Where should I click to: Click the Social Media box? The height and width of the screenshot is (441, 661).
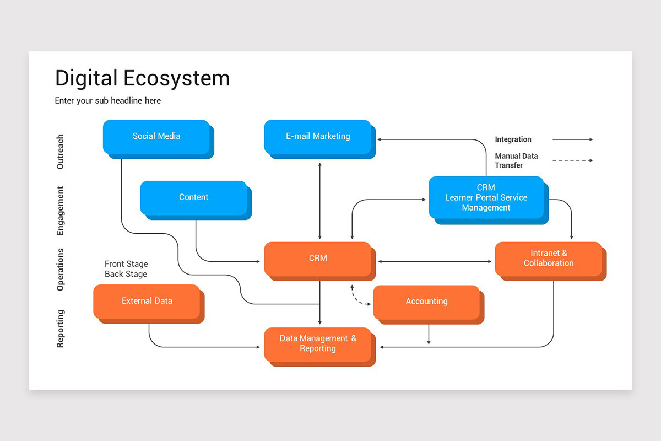156,137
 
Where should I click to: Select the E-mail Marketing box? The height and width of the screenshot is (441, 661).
318,137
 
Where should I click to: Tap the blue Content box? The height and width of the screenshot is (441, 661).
194,197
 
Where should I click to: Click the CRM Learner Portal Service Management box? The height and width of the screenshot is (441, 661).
486,198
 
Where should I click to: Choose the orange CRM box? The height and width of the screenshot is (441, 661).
318,258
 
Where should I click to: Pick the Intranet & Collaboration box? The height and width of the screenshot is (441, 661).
549,259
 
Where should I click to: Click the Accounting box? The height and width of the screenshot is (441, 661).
426,302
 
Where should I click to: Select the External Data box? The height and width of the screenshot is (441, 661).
147,301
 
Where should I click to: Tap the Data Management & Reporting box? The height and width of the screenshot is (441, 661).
318,344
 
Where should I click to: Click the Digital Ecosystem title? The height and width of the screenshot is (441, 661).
142,78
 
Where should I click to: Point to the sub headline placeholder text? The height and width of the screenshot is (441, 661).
108,101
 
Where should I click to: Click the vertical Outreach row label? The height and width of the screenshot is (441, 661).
61,152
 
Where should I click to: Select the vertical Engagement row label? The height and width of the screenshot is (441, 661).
61,211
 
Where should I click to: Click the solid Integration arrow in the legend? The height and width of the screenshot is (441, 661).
572,139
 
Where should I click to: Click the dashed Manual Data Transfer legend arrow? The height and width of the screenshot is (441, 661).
572,160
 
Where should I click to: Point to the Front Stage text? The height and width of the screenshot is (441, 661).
126,264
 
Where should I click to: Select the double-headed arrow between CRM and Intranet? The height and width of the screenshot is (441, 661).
435,261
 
